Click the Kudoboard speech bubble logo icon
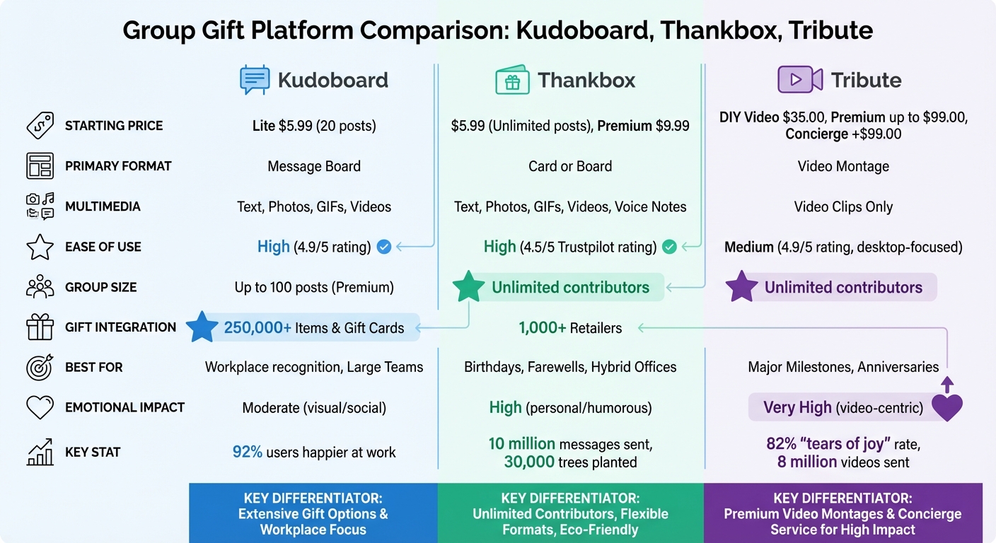tap(255, 79)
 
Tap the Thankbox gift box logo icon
tap(512, 79)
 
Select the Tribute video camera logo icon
tap(800, 79)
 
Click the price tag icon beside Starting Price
tap(40, 125)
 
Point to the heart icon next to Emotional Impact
tap(40, 407)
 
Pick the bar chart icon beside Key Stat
tap(40, 452)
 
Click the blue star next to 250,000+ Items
tap(202, 327)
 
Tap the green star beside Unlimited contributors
tap(469, 286)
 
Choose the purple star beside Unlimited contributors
tap(741, 286)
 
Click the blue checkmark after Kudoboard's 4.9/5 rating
tap(383, 247)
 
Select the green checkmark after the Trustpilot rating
tap(669, 247)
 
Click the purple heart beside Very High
tap(947, 407)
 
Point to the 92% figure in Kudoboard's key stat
tap(247, 452)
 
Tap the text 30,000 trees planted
tap(570, 462)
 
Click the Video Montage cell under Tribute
tap(843, 166)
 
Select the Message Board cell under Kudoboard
tap(314, 166)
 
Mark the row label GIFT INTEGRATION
tap(120, 327)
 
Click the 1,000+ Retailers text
tap(570, 328)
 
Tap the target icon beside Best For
tap(40, 367)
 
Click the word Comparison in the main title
tap(434, 30)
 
